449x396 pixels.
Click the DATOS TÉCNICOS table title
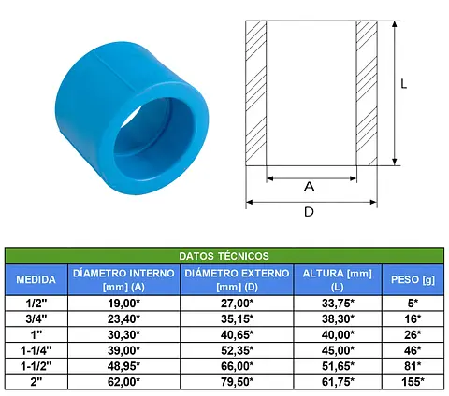224,256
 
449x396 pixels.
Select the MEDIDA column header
36,279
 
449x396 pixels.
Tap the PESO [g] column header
413,279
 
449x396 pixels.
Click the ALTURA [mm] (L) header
338,279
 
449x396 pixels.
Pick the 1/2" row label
36,304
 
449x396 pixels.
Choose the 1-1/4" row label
36,350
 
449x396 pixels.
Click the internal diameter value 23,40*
123,318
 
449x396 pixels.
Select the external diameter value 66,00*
237,366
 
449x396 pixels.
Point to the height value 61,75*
338,382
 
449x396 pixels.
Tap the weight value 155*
413,382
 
